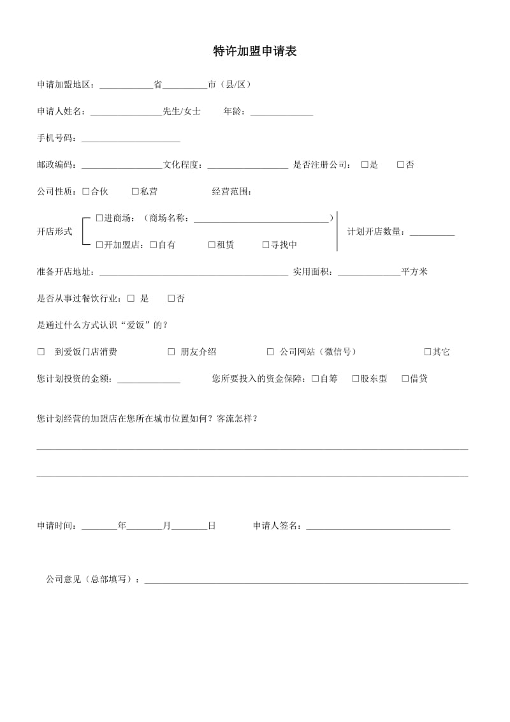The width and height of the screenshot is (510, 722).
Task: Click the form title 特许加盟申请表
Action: click(254, 52)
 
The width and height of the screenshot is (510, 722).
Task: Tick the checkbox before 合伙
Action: click(86, 191)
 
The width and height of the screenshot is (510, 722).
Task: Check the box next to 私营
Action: click(135, 191)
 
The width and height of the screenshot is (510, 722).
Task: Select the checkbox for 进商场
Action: click(99, 218)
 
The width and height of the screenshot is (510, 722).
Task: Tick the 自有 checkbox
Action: click(154, 245)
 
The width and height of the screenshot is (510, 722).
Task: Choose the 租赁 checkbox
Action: click(212, 245)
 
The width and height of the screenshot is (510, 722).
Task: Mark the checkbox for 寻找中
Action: click(266, 245)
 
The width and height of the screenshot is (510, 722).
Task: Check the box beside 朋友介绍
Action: click(171, 351)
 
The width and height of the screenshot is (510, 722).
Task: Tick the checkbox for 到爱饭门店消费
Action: click(41, 351)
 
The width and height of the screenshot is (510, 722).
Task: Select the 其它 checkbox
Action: click(428, 351)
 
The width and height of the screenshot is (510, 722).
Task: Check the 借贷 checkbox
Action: click(405, 378)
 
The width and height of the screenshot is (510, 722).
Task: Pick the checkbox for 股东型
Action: click(356, 378)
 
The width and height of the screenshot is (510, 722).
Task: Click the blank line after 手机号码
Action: click(131, 139)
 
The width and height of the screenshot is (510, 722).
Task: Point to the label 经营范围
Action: click(232, 191)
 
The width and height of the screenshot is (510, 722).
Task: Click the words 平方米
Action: click(414, 272)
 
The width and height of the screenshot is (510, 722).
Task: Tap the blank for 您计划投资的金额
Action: click(149, 379)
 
